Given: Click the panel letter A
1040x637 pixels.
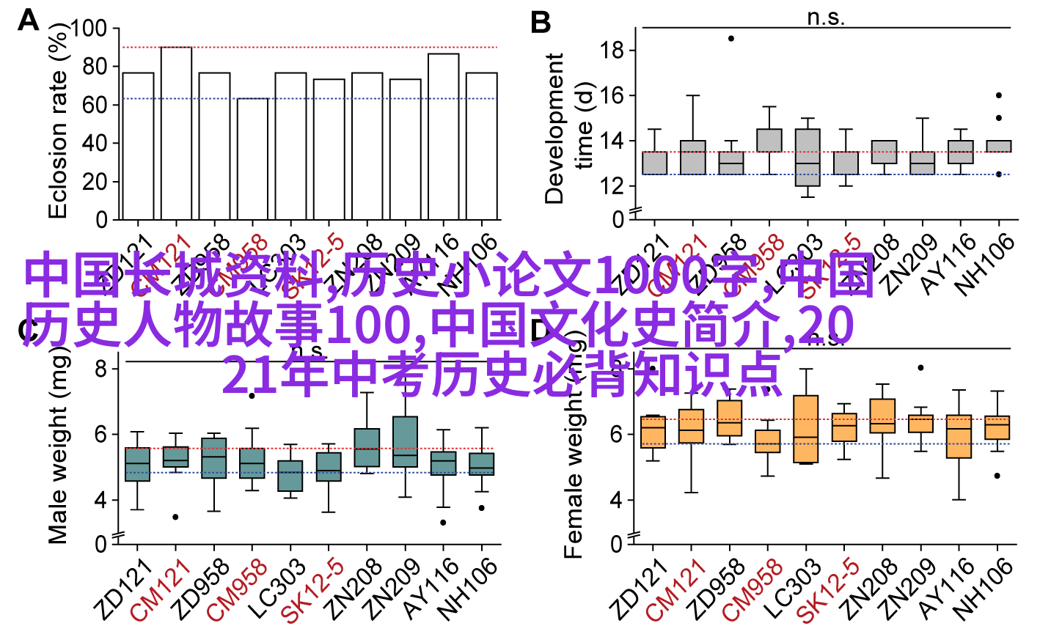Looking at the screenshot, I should (x=28, y=20).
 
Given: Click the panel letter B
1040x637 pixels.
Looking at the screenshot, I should (x=541, y=23).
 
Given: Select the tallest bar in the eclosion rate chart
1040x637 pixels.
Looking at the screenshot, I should (x=176, y=133).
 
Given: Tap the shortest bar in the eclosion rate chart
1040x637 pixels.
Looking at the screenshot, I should (x=252, y=158).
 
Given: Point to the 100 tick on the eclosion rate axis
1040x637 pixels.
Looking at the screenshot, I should (x=89, y=29).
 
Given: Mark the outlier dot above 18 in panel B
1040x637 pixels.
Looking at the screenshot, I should (x=730, y=38).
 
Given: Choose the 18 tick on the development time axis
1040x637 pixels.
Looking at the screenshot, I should (x=611, y=51).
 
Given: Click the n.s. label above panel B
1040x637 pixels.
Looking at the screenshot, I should (x=826, y=17).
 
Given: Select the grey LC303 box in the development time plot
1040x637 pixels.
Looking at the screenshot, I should (x=807, y=158).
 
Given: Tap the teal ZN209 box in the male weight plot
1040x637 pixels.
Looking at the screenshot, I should (x=405, y=441).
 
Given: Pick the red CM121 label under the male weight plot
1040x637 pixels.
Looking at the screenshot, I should (x=161, y=590).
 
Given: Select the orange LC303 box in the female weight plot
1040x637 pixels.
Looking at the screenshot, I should (x=806, y=429).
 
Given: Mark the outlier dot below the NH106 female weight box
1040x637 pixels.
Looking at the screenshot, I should (x=997, y=476).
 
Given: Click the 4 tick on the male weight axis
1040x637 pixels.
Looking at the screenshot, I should (x=100, y=501).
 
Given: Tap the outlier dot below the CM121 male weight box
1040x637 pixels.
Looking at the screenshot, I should (x=175, y=517).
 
